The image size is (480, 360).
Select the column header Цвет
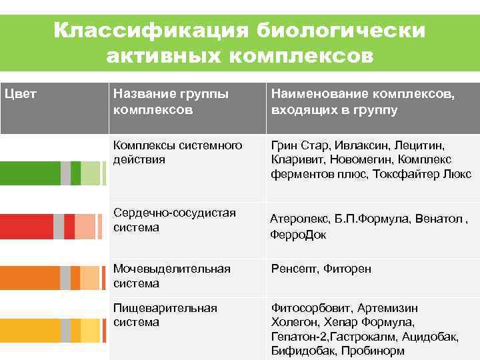(21, 94)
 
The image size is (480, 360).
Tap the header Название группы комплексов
(171, 101)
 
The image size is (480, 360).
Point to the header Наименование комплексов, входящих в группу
(363, 101)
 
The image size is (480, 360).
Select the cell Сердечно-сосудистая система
(175, 220)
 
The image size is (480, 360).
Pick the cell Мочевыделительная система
(171, 276)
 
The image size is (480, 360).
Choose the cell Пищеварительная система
(165, 315)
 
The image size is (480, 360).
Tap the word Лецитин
(420, 145)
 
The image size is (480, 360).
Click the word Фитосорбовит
(311, 308)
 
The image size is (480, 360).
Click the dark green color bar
(30, 173)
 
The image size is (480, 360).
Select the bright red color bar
(27, 227)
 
